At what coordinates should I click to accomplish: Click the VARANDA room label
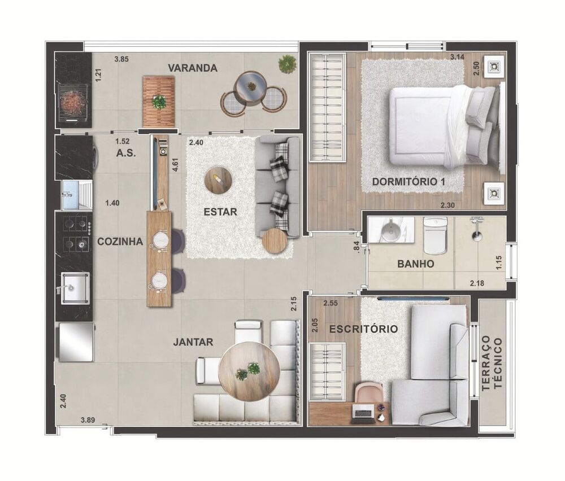[193, 68]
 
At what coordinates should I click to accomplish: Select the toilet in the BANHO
[436, 236]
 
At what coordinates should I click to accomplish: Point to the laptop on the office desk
[362, 413]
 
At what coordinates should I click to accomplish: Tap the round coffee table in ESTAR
[218, 180]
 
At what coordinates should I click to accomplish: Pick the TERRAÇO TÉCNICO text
[493, 364]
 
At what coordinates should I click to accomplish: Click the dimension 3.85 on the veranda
[122, 59]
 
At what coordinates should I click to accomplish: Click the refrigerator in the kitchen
[76, 342]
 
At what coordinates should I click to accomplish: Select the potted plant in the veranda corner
[288, 63]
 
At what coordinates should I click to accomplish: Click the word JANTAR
[194, 342]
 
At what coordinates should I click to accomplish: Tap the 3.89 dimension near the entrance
[88, 419]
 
